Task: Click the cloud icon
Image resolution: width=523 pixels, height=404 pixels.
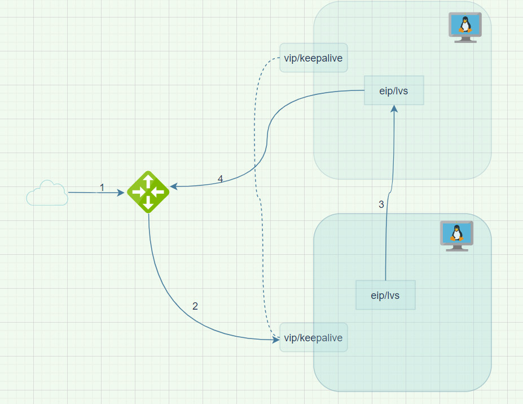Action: [x=47, y=193]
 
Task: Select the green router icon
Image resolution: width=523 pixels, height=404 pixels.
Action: [x=148, y=192]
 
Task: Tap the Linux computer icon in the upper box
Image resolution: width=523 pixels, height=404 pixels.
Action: [x=465, y=27]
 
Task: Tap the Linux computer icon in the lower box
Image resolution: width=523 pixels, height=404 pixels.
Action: [x=456, y=235]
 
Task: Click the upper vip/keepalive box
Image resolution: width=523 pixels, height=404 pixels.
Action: [x=314, y=58]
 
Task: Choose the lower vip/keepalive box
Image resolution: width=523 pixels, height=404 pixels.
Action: [x=314, y=338]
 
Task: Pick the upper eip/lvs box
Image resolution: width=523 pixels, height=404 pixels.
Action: [x=394, y=90]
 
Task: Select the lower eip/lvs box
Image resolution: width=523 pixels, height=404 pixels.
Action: [x=385, y=295]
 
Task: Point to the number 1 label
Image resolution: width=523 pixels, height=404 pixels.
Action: [x=102, y=187]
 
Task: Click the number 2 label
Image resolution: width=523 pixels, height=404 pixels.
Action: [x=195, y=306]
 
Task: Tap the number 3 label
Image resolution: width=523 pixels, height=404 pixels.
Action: [x=381, y=205]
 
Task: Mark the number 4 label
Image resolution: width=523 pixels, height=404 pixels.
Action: [x=220, y=179]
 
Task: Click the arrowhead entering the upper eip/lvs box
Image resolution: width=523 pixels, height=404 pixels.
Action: [x=394, y=108]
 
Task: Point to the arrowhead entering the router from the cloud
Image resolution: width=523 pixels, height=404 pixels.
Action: [x=121, y=193]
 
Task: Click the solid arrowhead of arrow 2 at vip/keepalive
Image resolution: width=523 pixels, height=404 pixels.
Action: [x=276, y=339]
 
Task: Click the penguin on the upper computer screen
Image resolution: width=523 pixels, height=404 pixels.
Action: [x=465, y=24]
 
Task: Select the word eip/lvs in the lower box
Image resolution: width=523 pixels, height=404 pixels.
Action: [x=385, y=295]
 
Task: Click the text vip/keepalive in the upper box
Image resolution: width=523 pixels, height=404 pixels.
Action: [x=314, y=58]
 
